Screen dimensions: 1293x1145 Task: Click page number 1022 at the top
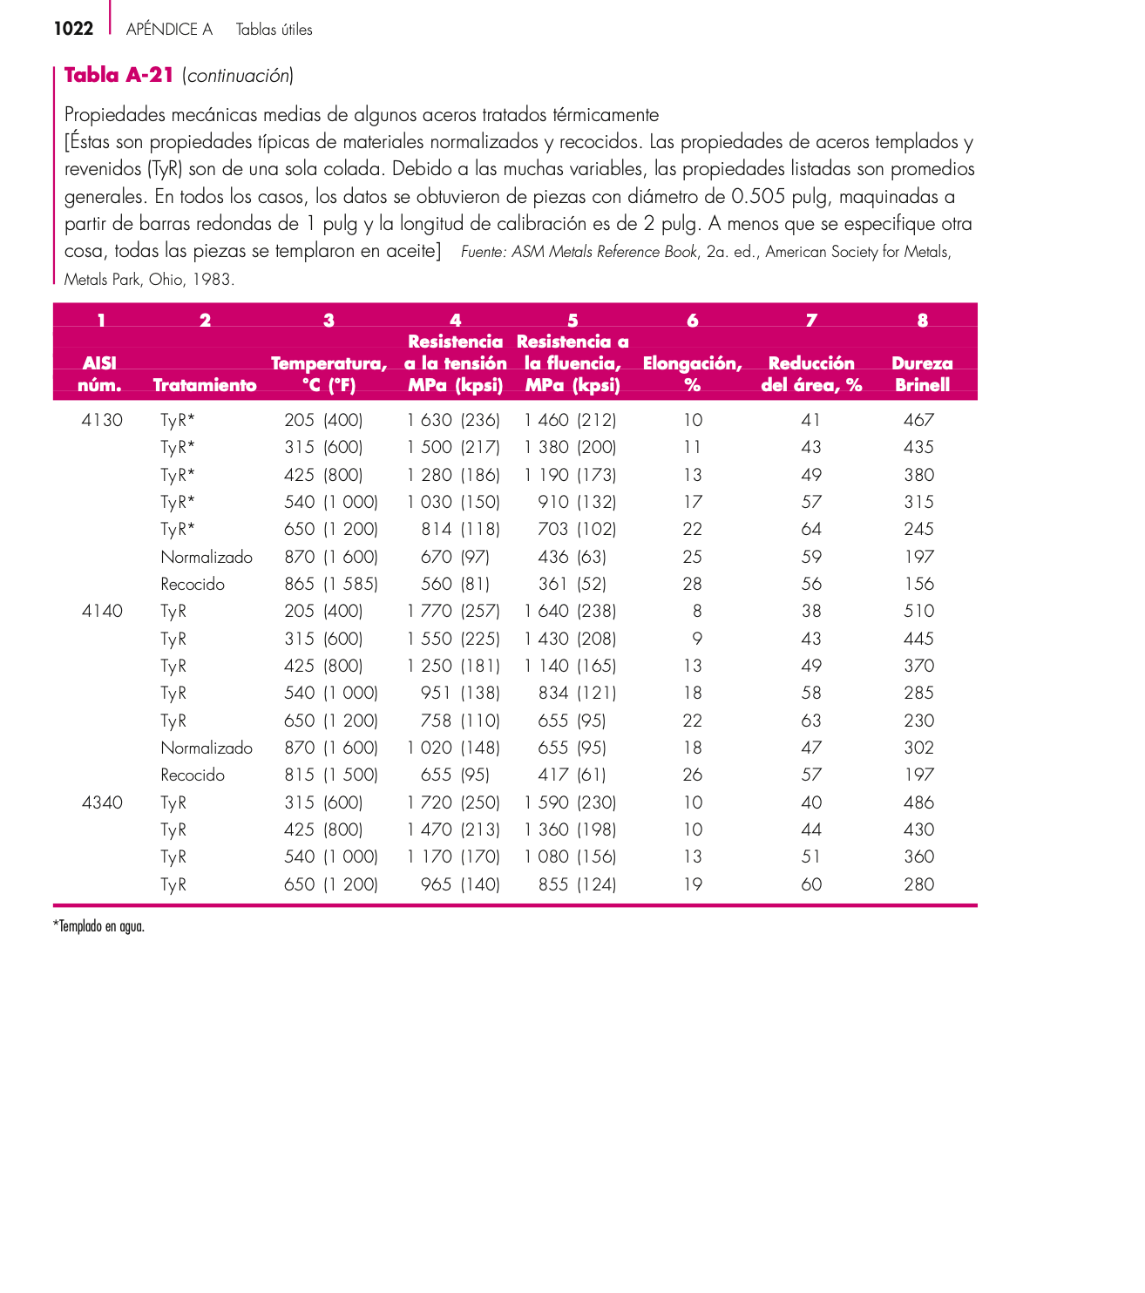click(73, 29)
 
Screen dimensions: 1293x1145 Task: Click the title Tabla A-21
click(119, 75)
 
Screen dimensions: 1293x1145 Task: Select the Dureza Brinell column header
click(922, 374)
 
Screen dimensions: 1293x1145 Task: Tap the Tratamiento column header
click(205, 385)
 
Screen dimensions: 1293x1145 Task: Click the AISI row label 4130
click(102, 420)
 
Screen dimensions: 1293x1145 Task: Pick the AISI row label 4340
click(102, 802)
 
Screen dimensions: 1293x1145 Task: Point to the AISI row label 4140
click(102, 611)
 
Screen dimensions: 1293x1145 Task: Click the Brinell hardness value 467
click(918, 420)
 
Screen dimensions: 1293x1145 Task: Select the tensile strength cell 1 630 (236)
click(453, 420)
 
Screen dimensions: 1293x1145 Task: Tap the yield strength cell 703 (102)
click(577, 529)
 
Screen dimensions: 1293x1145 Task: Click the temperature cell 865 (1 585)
click(331, 584)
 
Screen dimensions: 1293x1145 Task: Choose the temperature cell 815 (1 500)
click(331, 775)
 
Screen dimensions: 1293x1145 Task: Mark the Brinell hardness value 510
click(918, 611)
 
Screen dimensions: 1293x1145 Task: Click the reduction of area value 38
click(811, 611)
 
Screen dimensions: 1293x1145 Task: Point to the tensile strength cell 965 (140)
click(460, 884)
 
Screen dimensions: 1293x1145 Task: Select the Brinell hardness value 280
click(918, 884)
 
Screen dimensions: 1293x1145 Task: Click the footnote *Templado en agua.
click(98, 926)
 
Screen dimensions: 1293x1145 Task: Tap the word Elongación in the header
click(692, 363)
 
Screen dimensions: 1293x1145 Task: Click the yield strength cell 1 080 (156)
click(570, 856)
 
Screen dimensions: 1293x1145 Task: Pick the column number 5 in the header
click(572, 320)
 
